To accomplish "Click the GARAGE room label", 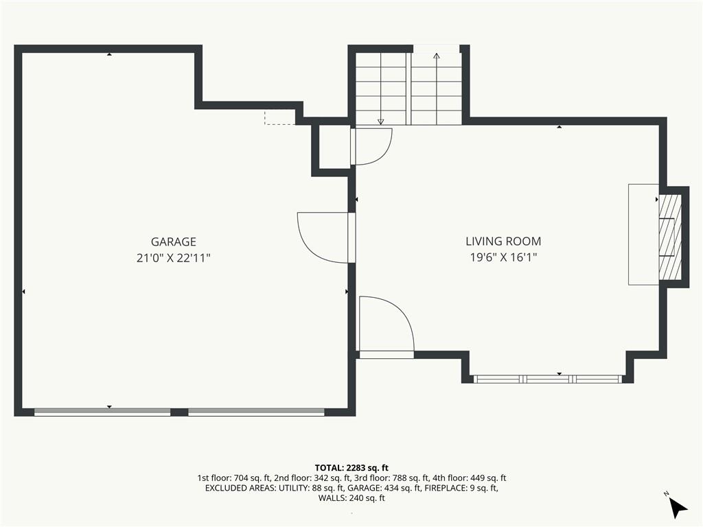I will point(173,242).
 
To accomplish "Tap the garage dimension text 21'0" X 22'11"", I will point(173,258).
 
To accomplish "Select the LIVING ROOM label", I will point(503,242).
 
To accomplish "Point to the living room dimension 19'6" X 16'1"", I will point(503,258).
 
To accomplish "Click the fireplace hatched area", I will point(670,236).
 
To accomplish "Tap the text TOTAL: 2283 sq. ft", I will point(351,468).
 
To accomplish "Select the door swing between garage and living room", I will point(324,236).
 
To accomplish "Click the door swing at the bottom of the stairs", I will point(371,145).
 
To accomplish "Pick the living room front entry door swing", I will point(384,324).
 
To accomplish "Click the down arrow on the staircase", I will point(380,121).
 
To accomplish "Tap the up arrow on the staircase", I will point(437,56).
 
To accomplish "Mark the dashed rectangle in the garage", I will point(279,117).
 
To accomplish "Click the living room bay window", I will point(548,378).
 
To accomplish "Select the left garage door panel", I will point(102,412).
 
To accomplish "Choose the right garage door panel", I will point(256,412).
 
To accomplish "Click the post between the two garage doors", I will point(179,412).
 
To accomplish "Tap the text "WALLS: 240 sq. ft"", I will point(351,498).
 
